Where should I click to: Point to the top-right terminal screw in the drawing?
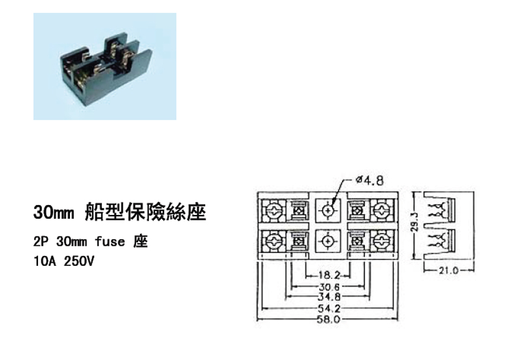tap(380, 211)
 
